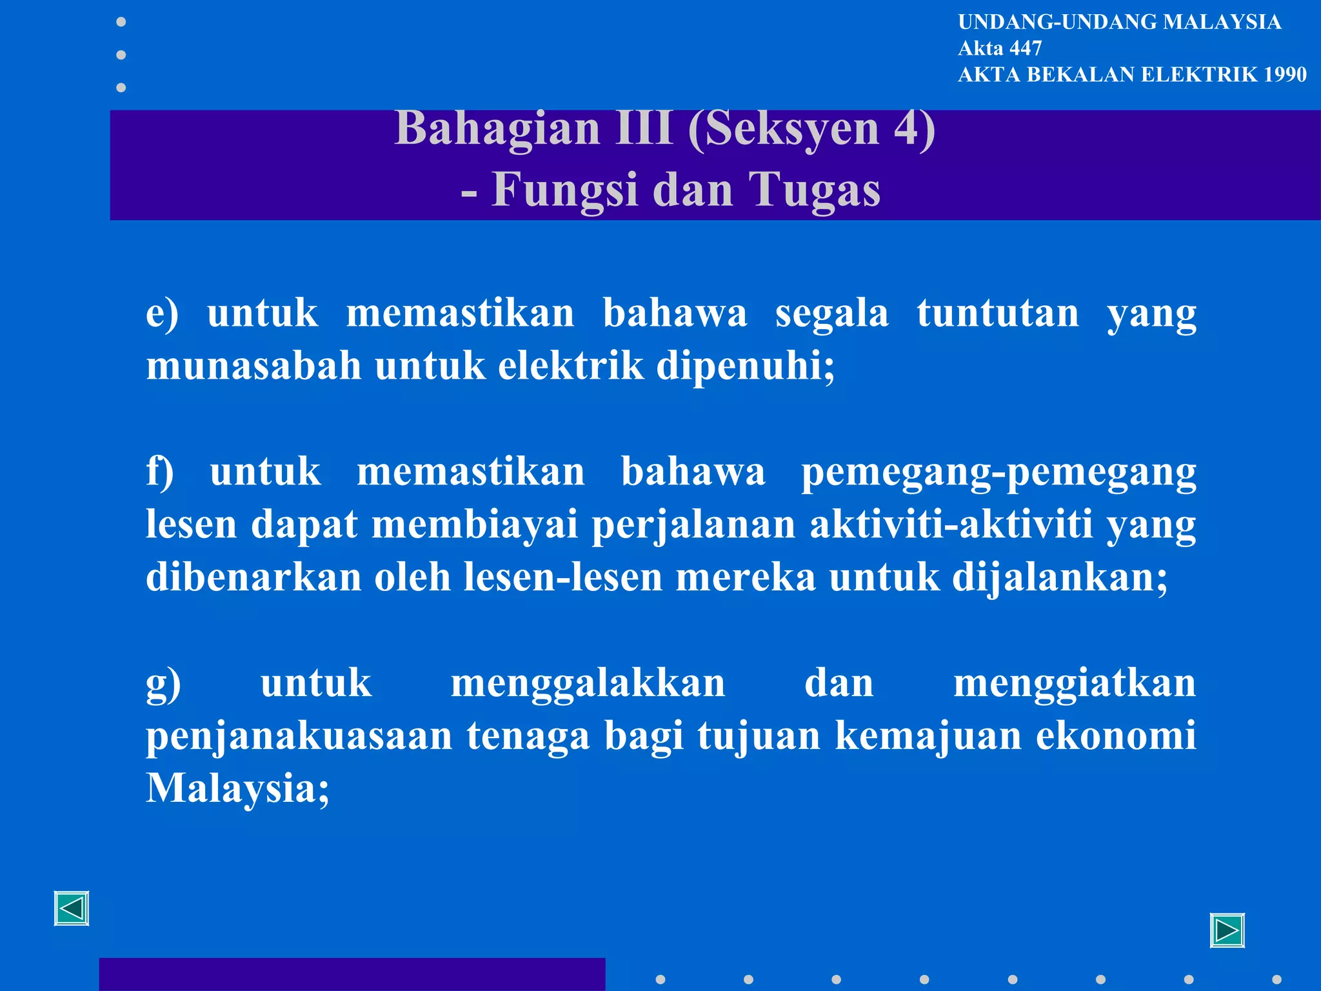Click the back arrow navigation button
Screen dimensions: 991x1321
click(72, 908)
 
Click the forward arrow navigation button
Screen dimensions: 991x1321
click(1227, 930)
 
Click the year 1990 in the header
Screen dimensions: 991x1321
click(1285, 75)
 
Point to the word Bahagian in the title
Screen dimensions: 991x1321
click(497, 128)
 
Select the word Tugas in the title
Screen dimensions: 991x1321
click(814, 190)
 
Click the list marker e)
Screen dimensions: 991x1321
click(162, 314)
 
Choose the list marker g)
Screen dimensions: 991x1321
click(163, 684)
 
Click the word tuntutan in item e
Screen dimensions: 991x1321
click(998, 314)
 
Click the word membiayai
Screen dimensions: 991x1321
click(474, 525)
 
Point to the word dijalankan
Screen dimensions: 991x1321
click(1060, 577)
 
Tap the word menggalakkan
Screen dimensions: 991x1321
click(588, 683)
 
